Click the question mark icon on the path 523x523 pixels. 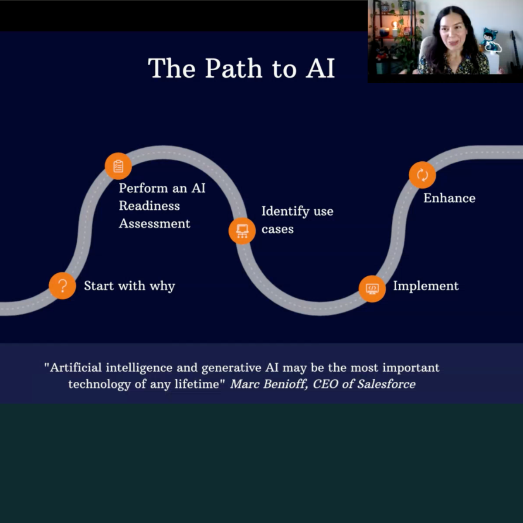(x=62, y=286)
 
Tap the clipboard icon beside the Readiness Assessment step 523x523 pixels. (x=118, y=166)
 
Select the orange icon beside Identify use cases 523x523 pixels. (x=242, y=230)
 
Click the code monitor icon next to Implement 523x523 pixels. (x=372, y=289)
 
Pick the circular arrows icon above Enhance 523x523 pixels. (x=422, y=175)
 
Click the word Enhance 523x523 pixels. (x=449, y=198)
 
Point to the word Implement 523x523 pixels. (x=426, y=286)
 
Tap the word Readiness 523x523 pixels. (x=149, y=206)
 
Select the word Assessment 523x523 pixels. (x=155, y=224)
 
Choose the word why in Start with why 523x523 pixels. (x=162, y=286)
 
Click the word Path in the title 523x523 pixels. (x=234, y=68)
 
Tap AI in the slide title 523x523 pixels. (x=320, y=68)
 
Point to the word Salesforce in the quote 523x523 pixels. (x=387, y=384)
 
